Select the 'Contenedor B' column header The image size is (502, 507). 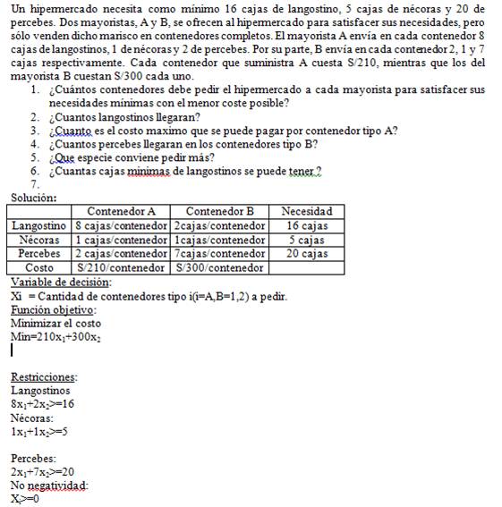(219, 211)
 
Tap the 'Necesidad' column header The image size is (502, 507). (306, 211)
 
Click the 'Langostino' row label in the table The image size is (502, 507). (41, 225)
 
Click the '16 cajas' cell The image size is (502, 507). (306, 225)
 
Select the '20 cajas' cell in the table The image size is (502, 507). (306, 253)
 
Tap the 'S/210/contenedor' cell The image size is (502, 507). (121, 267)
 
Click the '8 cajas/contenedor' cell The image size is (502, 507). (121, 225)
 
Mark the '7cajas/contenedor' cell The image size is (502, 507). (219, 253)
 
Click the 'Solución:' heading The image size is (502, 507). (34, 197)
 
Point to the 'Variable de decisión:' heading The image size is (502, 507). (61, 282)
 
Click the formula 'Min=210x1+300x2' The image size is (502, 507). (55, 337)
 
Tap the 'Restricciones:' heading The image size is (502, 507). (44, 376)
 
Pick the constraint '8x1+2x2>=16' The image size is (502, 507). (42, 404)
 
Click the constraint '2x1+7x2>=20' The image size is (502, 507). (42, 471)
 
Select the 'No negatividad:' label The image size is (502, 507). (49, 485)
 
